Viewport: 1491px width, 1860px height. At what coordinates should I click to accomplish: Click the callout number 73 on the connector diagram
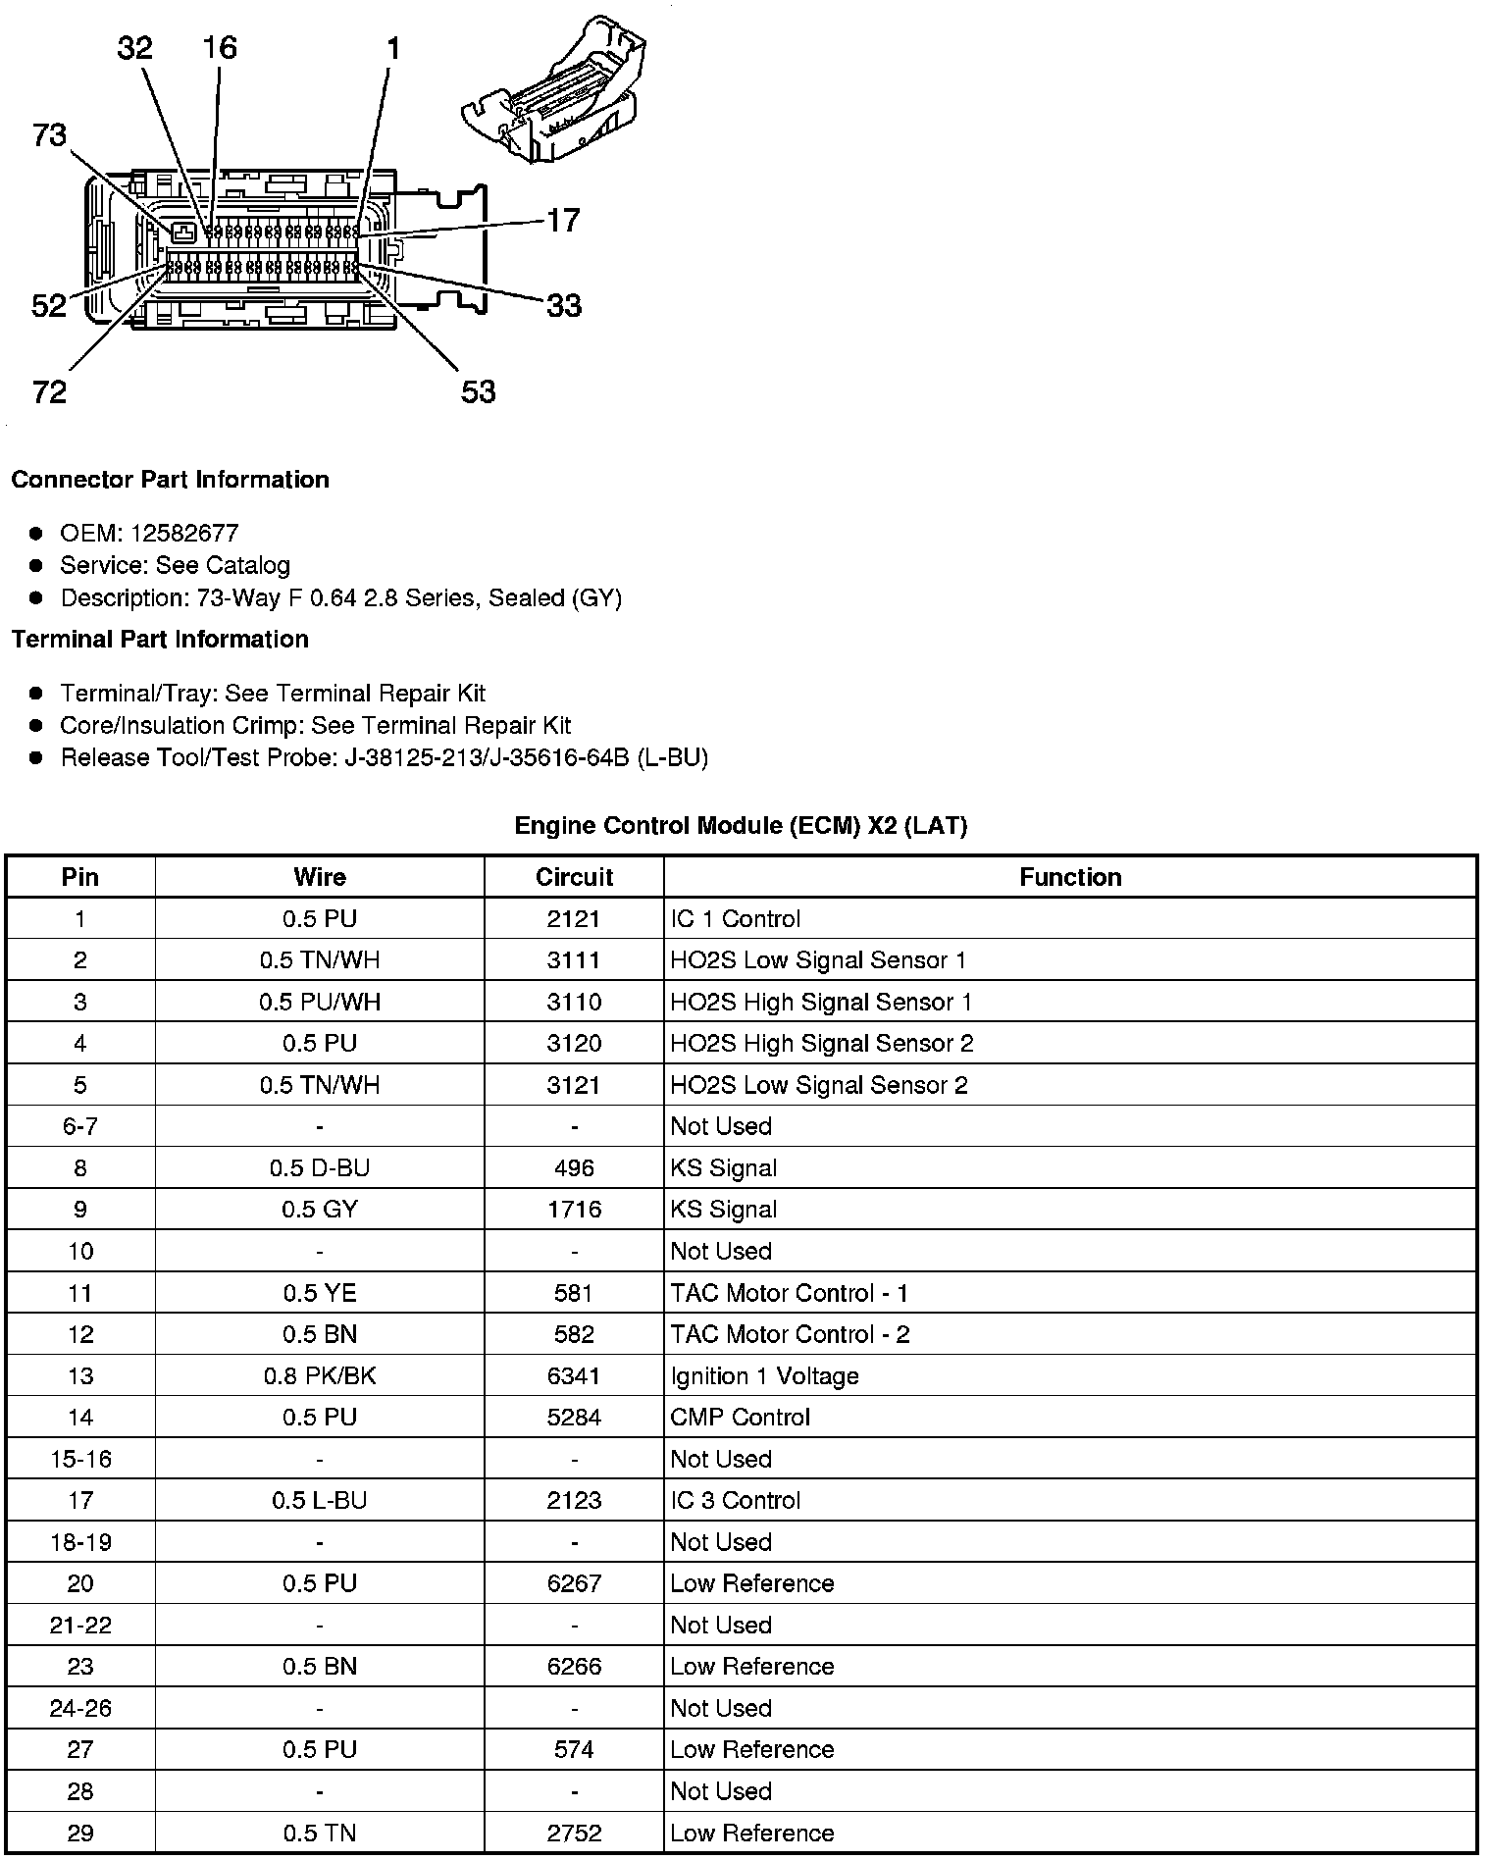(49, 134)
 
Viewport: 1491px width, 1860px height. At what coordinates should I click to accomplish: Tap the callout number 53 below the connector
(479, 392)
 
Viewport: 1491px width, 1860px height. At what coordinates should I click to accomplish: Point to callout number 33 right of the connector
(563, 306)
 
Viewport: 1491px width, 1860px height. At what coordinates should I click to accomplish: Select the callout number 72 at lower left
(49, 392)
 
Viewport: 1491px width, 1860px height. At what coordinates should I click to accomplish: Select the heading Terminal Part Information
(160, 640)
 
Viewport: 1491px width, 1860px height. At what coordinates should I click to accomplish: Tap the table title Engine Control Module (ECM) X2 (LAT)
(741, 826)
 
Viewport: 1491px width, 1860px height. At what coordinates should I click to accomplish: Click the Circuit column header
(574, 877)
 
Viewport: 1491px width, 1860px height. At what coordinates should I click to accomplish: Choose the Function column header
(1070, 877)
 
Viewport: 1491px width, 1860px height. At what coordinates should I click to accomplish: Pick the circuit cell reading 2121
(574, 919)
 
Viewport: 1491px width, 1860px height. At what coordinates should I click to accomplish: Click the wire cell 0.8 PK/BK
(320, 1376)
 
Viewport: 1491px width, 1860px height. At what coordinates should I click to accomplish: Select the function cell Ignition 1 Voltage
(764, 1376)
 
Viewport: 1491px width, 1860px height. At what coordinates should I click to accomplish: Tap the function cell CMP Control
(740, 1418)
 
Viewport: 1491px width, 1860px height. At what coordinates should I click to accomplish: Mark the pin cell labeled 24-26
(80, 1708)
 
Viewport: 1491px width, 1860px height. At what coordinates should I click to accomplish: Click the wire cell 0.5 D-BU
(320, 1168)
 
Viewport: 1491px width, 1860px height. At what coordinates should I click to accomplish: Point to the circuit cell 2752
(574, 1833)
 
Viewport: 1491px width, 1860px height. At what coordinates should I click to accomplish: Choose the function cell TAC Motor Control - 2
(790, 1334)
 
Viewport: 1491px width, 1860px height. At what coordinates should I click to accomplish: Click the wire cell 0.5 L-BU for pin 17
(320, 1500)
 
